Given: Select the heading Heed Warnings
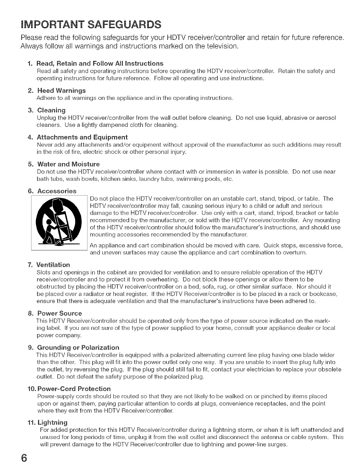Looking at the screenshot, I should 61,91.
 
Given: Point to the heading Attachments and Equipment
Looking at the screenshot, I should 82,137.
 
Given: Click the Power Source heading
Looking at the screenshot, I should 59,313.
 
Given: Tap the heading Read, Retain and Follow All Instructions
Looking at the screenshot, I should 100,64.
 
